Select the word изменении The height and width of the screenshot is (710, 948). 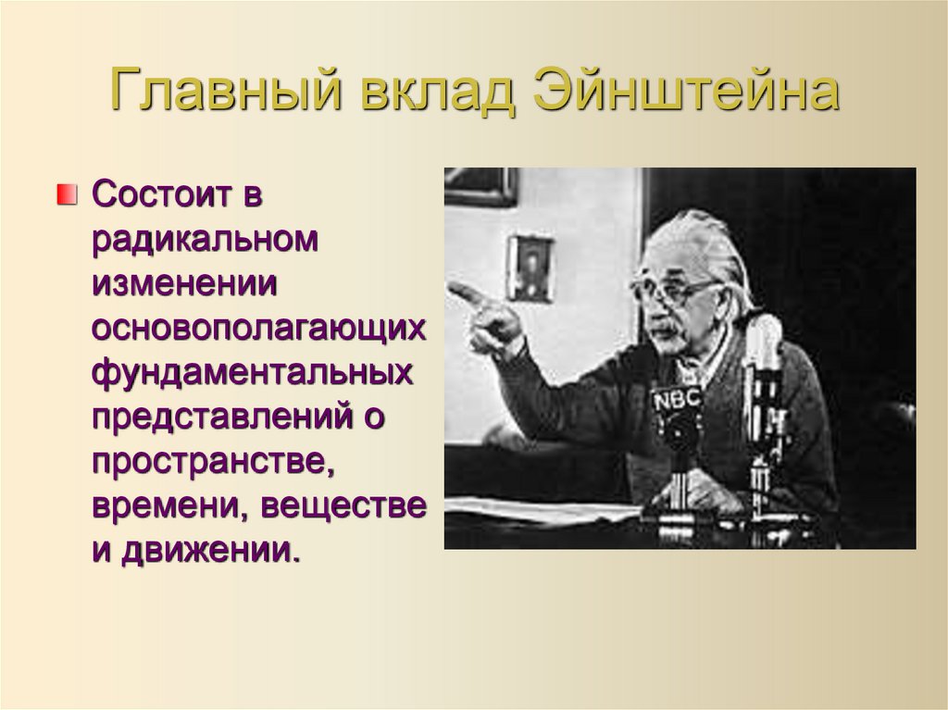click(x=184, y=284)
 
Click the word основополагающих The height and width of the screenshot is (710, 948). click(x=258, y=330)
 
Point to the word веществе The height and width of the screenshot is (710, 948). click(x=343, y=507)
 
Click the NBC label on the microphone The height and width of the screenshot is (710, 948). click(x=677, y=400)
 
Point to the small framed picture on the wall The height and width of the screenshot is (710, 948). click(x=530, y=268)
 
